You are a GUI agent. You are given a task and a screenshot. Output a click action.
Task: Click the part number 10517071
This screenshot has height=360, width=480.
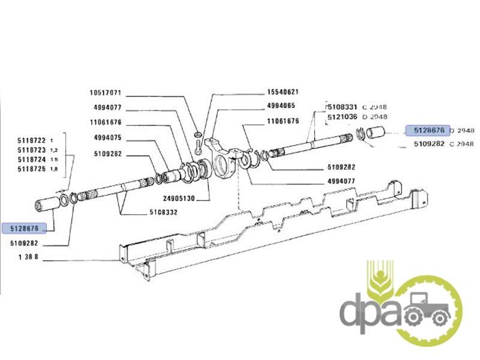click(x=106, y=92)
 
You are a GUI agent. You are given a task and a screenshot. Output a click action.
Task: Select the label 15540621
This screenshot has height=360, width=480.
click(x=283, y=92)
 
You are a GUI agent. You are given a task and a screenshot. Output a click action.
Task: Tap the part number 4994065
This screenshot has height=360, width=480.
click(x=281, y=106)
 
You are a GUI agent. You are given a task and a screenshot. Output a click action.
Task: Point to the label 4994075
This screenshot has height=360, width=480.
click(x=108, y=138)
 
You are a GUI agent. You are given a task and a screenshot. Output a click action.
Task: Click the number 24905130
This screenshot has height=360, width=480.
click(x=179, y=199)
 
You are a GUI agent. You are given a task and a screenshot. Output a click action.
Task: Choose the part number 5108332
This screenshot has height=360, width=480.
click(x=163, y=212)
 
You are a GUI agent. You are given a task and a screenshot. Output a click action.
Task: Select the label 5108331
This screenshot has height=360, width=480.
click(x=342, y=107)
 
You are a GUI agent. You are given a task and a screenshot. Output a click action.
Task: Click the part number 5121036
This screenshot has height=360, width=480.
click(x=342, y=117)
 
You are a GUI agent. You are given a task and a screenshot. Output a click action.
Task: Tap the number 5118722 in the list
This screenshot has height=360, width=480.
click(x=32, y=140)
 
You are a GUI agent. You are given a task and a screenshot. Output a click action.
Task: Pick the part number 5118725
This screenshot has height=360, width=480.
click(x=32, y=169)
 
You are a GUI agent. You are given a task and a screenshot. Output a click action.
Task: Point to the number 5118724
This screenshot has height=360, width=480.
click(x=32, y=160)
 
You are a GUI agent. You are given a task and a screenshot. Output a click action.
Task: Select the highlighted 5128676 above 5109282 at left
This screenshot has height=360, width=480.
click(x=25, y=229)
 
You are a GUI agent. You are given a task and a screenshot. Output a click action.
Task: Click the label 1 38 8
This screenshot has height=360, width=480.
click(x=28, y=257)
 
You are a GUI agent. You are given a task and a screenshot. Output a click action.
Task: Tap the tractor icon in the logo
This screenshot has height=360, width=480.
click(x=427, y=309)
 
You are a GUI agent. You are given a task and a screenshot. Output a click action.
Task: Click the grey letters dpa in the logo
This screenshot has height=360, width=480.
click(x=370, y=311)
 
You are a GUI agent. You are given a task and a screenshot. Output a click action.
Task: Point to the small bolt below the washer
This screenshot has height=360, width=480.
click(x=197, y=147)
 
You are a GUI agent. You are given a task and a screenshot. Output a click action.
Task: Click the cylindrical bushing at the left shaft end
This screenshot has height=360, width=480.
click(x=48, y=205)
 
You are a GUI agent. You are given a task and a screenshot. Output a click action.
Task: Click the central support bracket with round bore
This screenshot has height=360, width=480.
click(x=223, y=159)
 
